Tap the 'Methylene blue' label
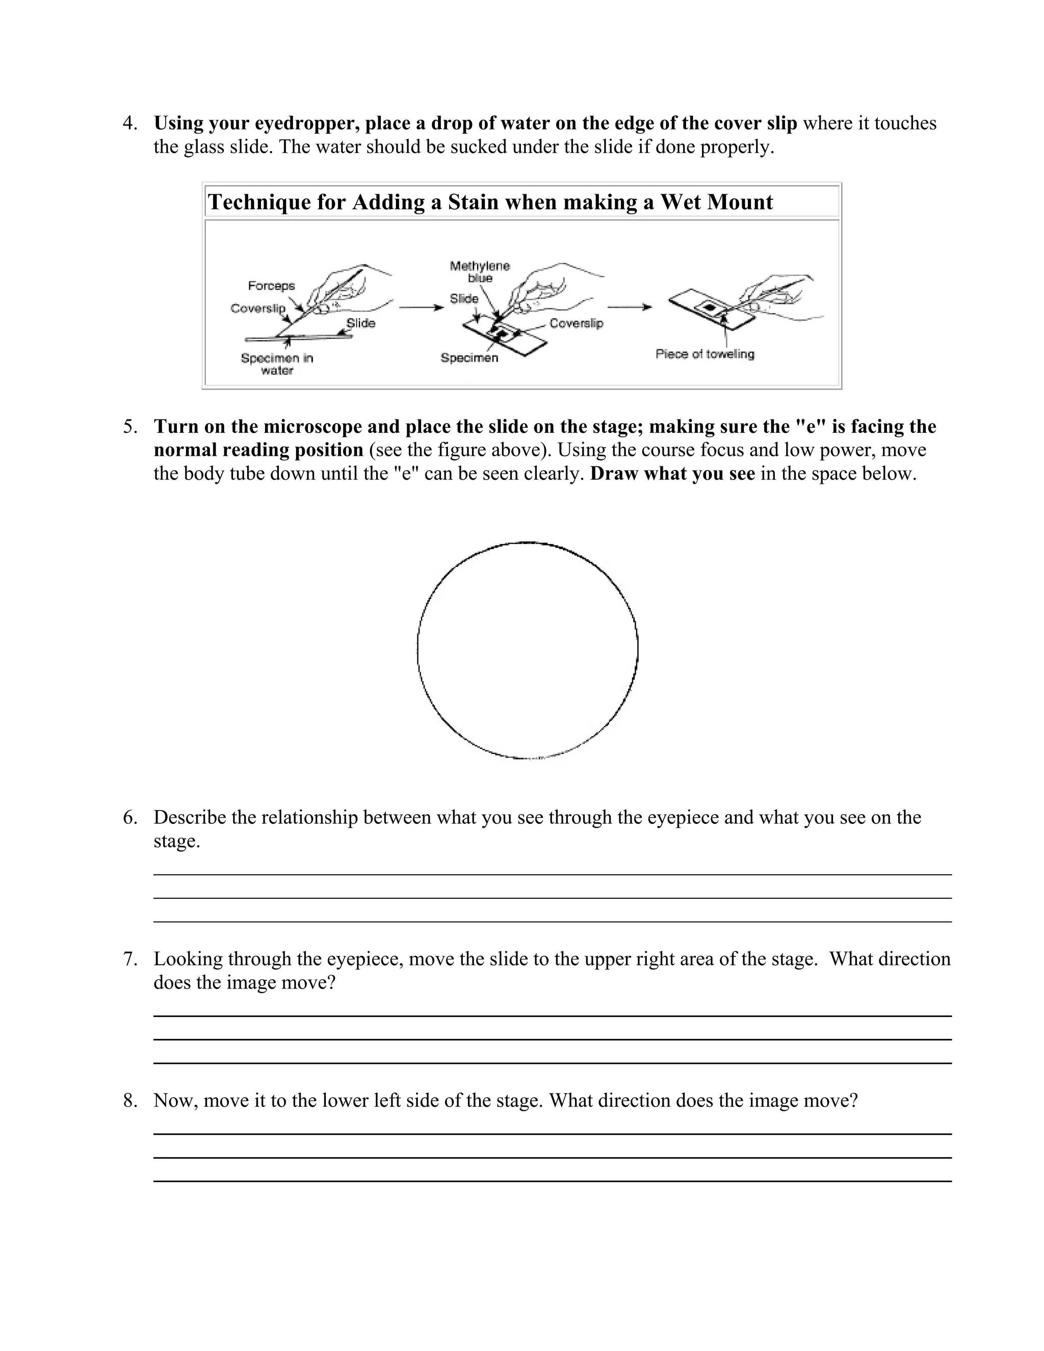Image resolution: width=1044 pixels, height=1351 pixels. [x=479, y=272]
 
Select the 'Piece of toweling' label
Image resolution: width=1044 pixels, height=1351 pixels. [x=704, y=354]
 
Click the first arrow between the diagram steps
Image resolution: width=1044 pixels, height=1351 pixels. [x=421, y=307]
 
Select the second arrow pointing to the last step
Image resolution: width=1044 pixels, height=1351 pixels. [x=630, y=307]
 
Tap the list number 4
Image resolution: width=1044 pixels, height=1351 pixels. [x=129, y=123]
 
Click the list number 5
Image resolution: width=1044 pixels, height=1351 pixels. [x=129, y=426]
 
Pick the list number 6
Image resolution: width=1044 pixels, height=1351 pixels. [x=129, y=817]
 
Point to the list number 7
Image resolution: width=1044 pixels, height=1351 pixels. [x=129, y=959]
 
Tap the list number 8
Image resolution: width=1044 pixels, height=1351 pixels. [x=129, y=1101]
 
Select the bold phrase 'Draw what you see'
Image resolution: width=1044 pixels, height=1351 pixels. [x=672, y=474]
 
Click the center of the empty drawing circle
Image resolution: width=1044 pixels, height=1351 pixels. [x=528, y=650]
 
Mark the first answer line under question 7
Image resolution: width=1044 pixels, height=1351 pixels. [x=552, y=1016]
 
